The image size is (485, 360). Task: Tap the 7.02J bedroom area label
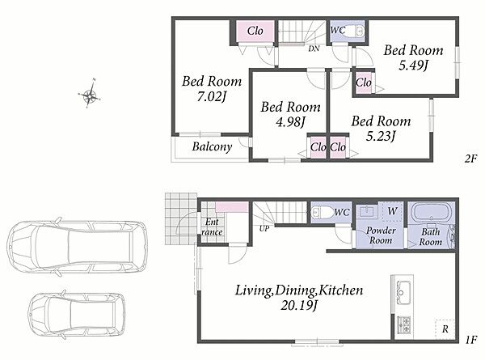click(212, 97)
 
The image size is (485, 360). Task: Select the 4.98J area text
click(290, 122)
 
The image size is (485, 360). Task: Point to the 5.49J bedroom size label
click(413, 66)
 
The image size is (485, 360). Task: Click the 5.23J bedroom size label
click(381, 136)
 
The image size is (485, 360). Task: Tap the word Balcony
click(212, 146)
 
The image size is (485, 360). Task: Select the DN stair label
click(314, 49)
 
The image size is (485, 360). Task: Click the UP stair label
click(264, 229)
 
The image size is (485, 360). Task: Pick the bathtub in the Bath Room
click(431, 213)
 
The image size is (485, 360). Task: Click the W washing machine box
click(393, 211)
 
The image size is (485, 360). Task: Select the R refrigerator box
click(445, 328)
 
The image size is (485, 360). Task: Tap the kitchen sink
click(402, 293)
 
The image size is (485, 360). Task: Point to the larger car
click(77, 248)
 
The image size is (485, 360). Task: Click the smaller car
click(77, 315)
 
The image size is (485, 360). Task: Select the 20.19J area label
click(299, 306)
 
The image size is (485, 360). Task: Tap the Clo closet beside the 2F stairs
click(255, 31)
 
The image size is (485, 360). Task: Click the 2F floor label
click(470, 159)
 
